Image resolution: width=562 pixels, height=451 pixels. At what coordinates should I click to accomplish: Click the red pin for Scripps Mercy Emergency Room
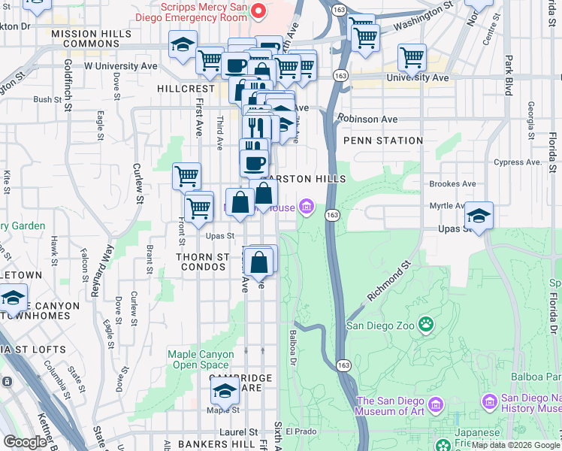click(258, 11)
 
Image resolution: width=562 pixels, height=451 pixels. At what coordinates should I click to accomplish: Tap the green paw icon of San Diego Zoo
click(426, 325)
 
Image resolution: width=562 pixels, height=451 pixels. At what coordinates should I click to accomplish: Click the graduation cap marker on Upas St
click(479, 215)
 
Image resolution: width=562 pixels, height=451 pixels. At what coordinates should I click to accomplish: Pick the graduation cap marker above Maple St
click(224, 391)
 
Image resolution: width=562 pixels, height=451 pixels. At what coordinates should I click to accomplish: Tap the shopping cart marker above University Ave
click(412, 56)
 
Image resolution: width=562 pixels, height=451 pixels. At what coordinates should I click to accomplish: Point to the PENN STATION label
click(382, 141)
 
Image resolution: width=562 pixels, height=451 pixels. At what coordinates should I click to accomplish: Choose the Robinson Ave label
click(367, 119)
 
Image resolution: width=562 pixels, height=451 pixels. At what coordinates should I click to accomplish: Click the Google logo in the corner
click(25, 442)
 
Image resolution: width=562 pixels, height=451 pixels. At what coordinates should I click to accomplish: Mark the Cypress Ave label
click(518, 162)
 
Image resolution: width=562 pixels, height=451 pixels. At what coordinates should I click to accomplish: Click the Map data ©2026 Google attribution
click(515, 445)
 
